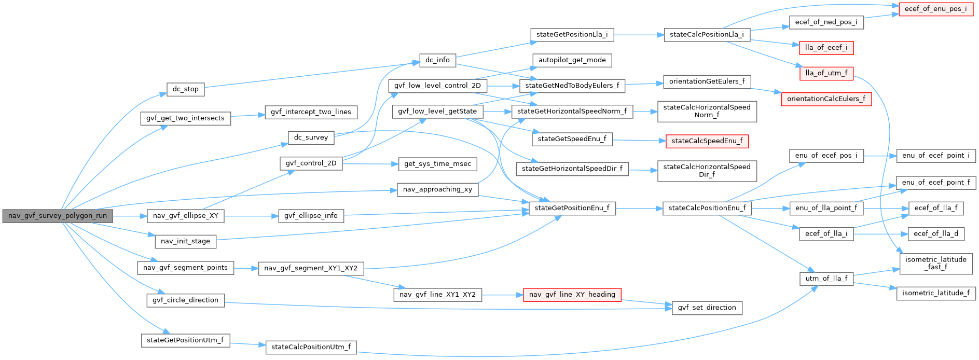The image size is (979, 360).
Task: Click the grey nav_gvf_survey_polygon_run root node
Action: pos(57,216)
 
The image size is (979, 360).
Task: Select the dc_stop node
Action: pos(185,89)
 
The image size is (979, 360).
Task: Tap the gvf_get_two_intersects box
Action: pos(185,118)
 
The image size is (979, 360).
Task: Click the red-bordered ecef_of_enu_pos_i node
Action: pos(935,9)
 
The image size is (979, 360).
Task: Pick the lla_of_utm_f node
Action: pos(826,73)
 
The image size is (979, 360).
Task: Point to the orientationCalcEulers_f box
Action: pos(826,99)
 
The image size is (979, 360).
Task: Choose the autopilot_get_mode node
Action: pos(572,60)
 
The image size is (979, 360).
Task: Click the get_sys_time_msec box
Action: pos(437,164)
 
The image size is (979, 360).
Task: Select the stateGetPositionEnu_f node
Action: pos(572,208)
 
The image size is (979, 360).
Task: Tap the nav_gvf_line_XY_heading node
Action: pos(572,295)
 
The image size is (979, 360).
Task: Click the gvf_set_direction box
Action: pos(707,308)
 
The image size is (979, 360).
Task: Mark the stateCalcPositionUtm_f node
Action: pos(311,347)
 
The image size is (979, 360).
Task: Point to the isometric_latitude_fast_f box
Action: pos(935,264)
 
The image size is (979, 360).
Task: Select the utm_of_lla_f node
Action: pos(826,279)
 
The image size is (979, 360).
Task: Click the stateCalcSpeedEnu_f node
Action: pos(707,141)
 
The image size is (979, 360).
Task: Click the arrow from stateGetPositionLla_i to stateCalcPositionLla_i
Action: pos(639,35)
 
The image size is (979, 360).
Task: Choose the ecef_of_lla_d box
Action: pos(935,234)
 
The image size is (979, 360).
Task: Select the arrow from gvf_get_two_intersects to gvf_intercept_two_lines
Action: pos(247,116)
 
